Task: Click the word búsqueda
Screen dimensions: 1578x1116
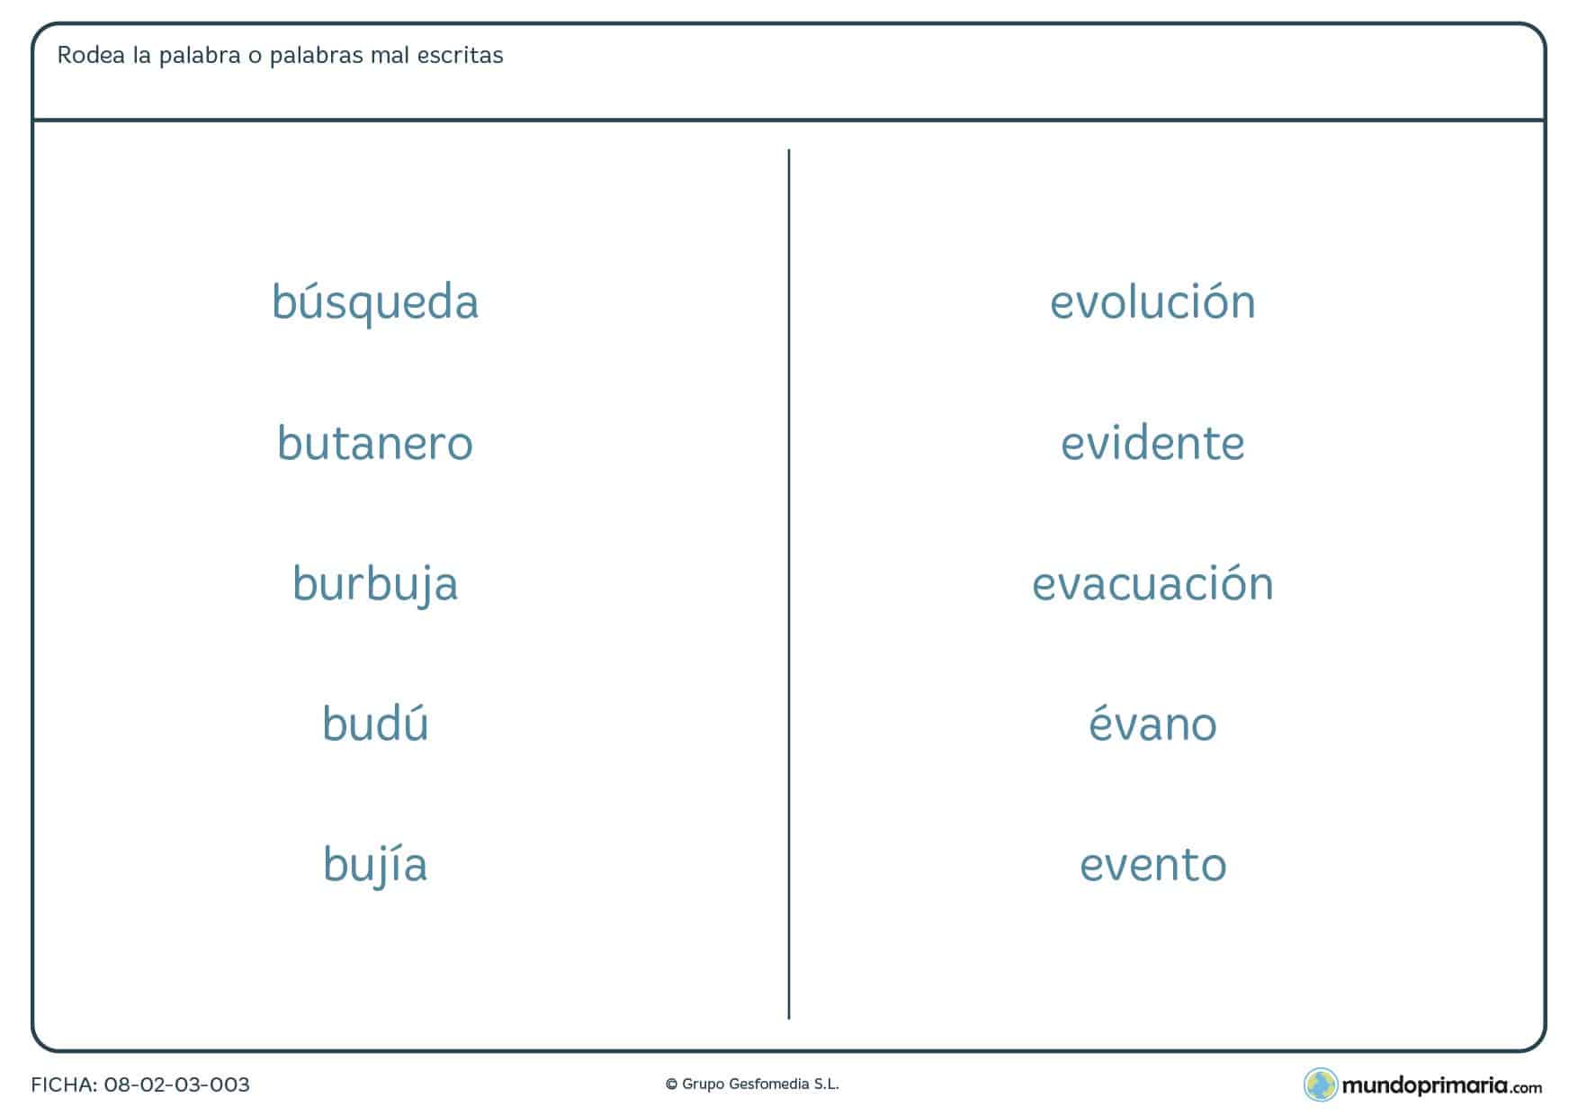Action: [375, 302]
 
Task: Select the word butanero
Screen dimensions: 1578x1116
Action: [375, 442]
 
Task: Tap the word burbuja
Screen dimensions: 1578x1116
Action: [375, 584]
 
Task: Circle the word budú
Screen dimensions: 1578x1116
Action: [375, 723]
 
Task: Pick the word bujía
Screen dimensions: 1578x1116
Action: [375, 865]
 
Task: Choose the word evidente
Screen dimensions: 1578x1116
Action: [1152, 442]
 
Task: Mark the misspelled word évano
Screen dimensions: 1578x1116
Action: [1152, 724]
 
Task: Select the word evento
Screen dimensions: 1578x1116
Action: [1152, 865]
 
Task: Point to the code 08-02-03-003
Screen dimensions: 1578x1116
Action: [176, 1084]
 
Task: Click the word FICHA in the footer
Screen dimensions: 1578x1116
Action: [62, 1084]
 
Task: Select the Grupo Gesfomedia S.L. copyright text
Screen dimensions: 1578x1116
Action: [752, 1084]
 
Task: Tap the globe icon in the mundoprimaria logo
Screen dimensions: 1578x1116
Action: [1321, 1084]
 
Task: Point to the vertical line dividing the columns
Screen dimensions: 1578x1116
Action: [789, 584]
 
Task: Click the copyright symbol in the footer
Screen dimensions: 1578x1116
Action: [671, 1085]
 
